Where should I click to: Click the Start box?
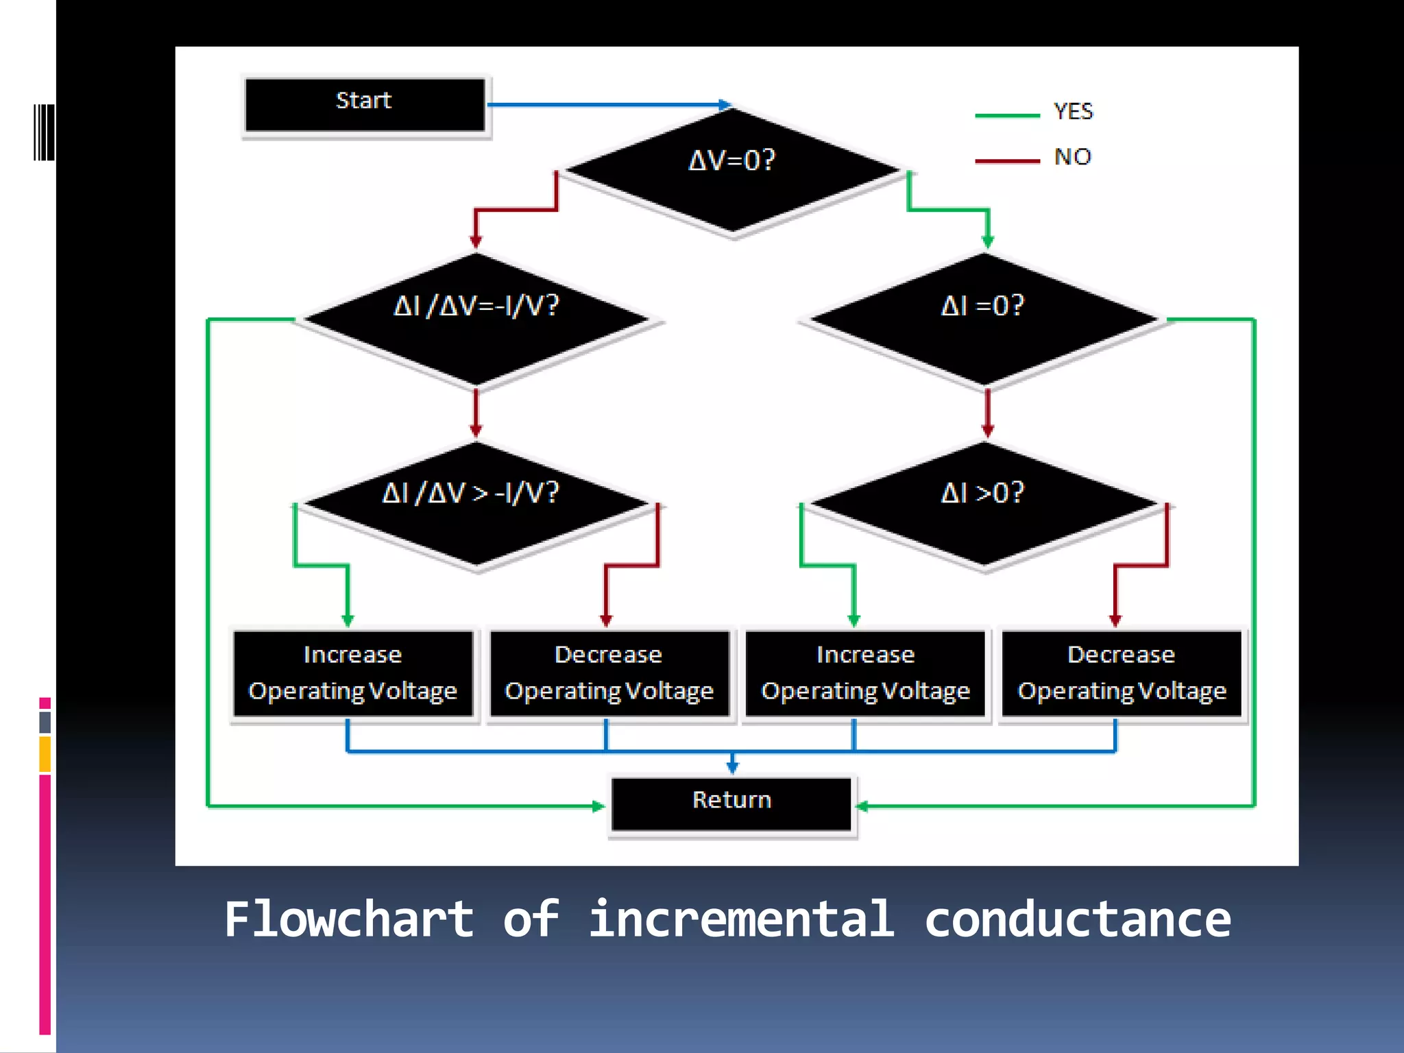364,104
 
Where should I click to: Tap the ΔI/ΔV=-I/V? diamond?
476,318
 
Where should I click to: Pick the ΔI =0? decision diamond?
983,318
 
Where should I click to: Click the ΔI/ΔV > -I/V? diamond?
476,503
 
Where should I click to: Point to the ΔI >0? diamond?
983,503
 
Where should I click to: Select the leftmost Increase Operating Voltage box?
352,673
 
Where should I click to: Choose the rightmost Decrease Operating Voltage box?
1122,673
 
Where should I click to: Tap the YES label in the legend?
1073,111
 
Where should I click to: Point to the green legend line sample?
1006,116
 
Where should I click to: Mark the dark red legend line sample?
1006,161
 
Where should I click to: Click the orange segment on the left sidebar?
45,754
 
